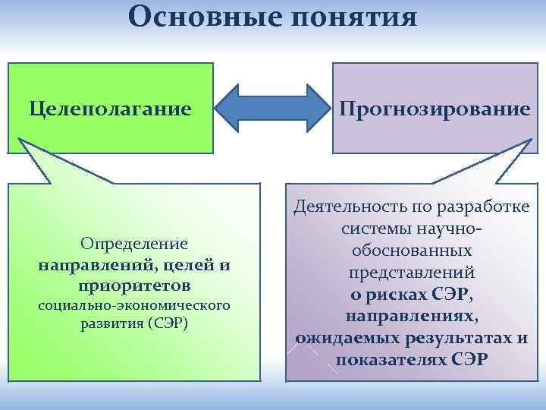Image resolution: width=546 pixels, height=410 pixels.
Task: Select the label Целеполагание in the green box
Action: pos(110,109)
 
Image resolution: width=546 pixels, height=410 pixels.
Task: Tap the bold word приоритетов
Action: pos(134,286)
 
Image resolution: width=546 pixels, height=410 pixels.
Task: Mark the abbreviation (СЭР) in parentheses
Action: pos(169,323)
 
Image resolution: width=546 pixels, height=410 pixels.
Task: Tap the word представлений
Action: pos(413,272)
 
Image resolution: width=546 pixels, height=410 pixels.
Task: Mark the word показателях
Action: pos(388,358)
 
